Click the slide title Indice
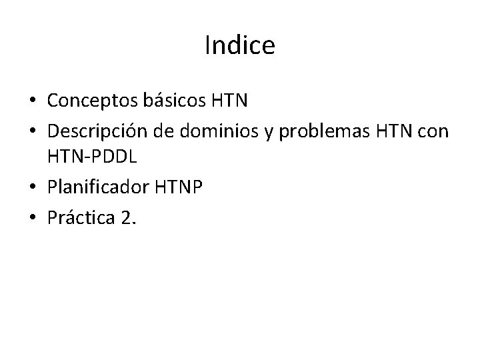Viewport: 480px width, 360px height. click(x=240, y=45)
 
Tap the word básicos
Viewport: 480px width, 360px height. click(x=174, y=101)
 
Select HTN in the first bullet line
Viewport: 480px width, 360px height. click(x=229, y=101)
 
